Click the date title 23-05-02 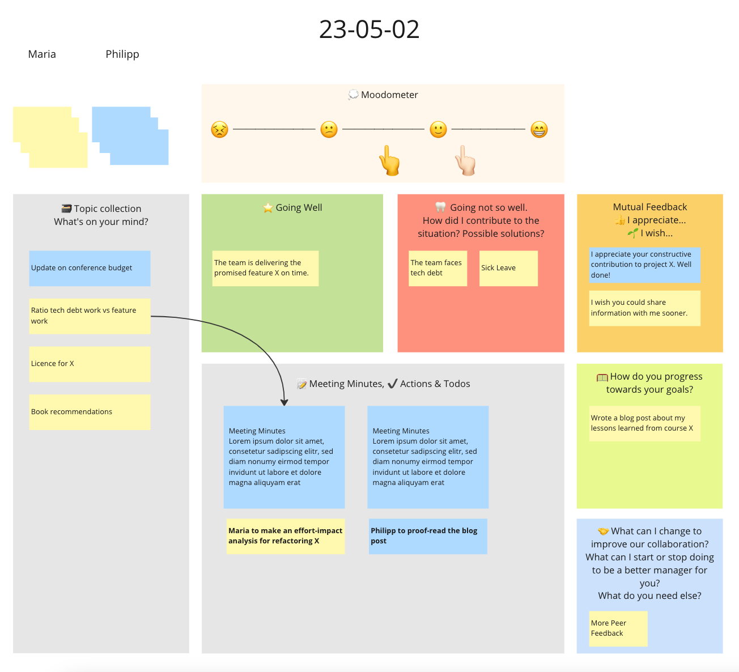tap(369, 29)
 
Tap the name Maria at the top tap(42, 54)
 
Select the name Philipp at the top tap(122, 54)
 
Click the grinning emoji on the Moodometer tap(538, 129)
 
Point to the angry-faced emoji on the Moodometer tap(219, 129)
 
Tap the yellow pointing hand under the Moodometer tap(389, 160)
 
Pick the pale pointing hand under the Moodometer tap(465, 160)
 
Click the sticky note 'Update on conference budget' tap(90, 268)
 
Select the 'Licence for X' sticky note tap(90, 364)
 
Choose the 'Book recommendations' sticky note tap(90, 412)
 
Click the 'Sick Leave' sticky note tap(508, 268)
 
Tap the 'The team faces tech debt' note tap(438, 268)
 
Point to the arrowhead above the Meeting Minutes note tap(284, 402)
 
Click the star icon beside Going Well tap(268, 208)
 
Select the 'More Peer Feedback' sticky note tap(618, 628)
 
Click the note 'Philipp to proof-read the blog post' tap(428, 536)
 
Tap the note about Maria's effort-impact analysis tap(286, 536)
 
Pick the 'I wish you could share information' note tap(644, 308)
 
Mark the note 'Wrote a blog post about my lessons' tap(644, 423)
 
